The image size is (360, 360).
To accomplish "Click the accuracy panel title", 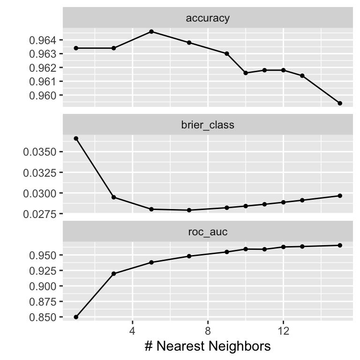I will click(x=208, y=18).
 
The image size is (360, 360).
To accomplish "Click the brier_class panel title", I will click(x=208, y=125).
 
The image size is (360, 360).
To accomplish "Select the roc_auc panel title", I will click(x=208, y=232).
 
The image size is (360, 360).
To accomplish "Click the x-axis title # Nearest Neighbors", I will click(x=208, y=346).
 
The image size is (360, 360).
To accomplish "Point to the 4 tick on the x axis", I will click(x=133, y=330).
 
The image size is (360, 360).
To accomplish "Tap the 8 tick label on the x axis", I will click(x=208, y=330).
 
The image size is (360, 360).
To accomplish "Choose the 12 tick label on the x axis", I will click(x=283, y=330).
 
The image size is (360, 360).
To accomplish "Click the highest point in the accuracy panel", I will click(x=151, y=31).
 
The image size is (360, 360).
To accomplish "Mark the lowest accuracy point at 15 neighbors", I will click(x=340, y=103).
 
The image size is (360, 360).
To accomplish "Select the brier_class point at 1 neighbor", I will click(x=76, y=138).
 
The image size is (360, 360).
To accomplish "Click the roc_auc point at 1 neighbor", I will click(x=76, y=317).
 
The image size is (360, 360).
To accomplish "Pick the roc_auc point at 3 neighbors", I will click(x=113, y=273).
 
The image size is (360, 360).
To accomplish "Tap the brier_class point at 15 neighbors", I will click(x=340, y=195).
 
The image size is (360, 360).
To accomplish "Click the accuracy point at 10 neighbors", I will click(x=246, y=73).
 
